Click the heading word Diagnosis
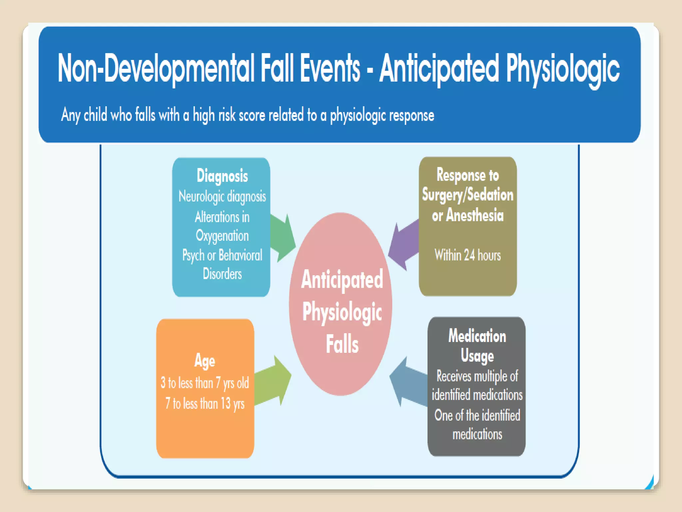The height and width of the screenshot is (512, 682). [222, 176]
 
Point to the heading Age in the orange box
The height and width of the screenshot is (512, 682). [205, 361]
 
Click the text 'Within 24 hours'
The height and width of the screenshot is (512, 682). [468, 255]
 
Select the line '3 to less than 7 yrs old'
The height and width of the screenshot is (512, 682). [205, 383]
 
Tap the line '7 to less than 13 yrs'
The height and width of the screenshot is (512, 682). [205, 404]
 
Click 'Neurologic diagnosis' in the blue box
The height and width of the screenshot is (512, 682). [222, 196]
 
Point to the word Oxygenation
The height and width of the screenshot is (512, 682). [222, 236]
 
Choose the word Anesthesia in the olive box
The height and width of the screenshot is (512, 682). [475, 215]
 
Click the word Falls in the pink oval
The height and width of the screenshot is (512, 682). [342, 344]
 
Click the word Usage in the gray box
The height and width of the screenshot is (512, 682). [477, 356]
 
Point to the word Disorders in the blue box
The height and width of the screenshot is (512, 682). [222, 274]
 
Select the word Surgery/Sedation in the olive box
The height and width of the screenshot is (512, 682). [468, 195]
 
